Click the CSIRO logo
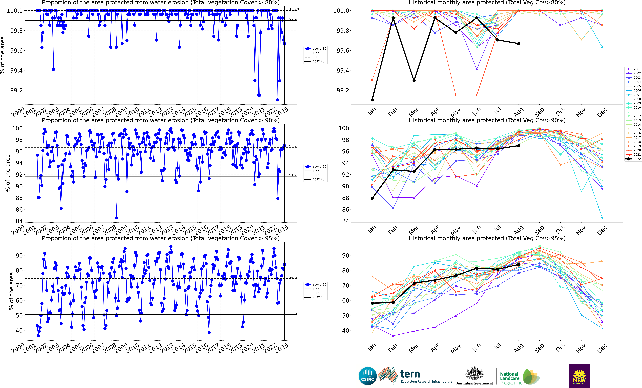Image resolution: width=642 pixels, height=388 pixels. [x=368, y=376]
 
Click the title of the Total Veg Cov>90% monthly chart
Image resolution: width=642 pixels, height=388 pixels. [x=487, y=120]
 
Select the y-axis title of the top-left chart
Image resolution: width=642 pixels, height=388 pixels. [x=3, y=55]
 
